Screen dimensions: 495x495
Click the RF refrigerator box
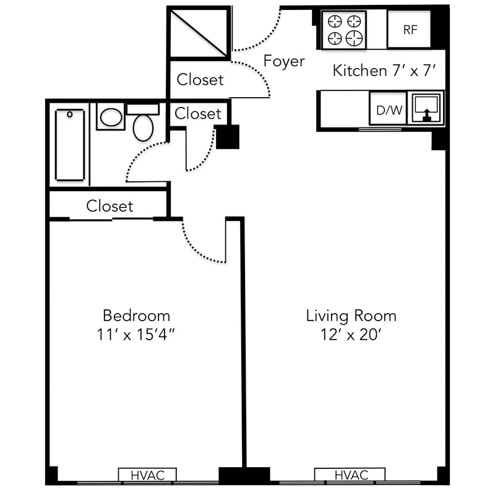point(409,29)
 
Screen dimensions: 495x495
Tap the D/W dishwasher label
point(389,110)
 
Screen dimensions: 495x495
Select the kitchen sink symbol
point(426,108)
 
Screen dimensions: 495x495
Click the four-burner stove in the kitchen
point(344,30)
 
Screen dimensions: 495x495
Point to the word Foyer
point(284,61)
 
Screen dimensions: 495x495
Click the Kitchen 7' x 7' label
point(384,71)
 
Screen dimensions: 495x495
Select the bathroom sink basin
point(111,117)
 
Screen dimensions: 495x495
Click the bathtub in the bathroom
point(70,145)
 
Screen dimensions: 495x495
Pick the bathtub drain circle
point(70,114)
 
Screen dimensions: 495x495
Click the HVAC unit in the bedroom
point(147,475)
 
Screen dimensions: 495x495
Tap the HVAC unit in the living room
point(350,475)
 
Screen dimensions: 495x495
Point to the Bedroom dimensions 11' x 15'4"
point(136,335)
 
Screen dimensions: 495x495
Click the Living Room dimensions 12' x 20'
point(351,335)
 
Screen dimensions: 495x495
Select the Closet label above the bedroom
point(110,206)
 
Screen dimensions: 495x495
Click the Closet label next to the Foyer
point(200,80)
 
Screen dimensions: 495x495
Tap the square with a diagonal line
point(199,33)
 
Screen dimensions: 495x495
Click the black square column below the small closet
point(227,137)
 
